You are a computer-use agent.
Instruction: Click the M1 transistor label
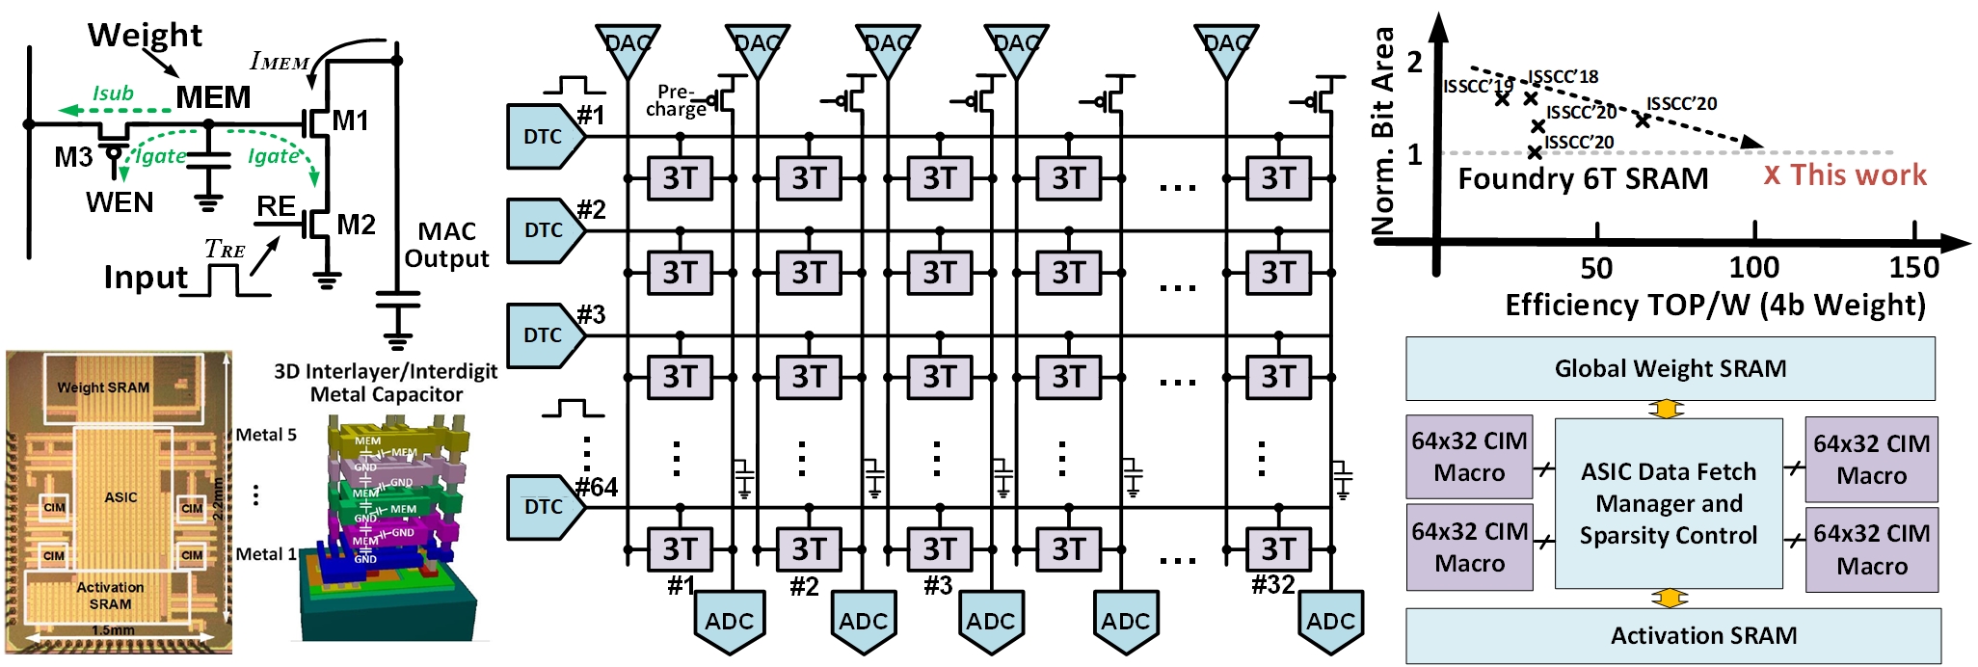(351, 121)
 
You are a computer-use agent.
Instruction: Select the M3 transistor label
(73, 157)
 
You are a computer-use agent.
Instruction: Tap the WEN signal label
(120, 202)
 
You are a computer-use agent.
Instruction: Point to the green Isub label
(113, 93)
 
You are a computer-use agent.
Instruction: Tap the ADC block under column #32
(1330, 622)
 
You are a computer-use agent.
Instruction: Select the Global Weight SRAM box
(1670, 368)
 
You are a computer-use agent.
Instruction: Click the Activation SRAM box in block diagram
(1673, 635)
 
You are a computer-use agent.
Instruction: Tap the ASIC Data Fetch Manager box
(1669, 503)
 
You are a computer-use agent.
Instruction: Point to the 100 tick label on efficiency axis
(1753, 267)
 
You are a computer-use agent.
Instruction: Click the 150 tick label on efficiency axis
(1913, 267)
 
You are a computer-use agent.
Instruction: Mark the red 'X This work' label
(1845, 175)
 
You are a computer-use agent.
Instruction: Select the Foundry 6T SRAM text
(1583, 179)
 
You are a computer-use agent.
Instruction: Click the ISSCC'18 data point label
(1563, 77)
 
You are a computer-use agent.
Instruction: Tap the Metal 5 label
(266, 435)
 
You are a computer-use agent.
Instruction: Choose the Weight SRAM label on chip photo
(103, 387)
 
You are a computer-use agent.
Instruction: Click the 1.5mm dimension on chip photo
(113, 630)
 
